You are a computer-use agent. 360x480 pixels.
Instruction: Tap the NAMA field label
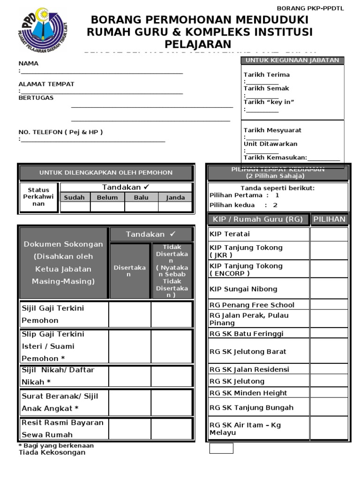tap(28, 63)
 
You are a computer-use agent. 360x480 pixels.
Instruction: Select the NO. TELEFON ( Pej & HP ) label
tap(60, 132)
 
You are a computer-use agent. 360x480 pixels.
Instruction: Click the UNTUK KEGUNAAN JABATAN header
tap(292, 60)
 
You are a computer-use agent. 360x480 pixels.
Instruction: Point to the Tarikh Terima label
tap(266, 75)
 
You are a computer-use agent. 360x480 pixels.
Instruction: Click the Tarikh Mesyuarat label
tap(272, 130)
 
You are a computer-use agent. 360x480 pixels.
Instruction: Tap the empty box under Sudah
tap(74, 207)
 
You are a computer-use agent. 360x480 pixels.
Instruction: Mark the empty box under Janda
tap(175, 207)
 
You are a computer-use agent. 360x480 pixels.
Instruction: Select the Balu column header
tap(141, 198)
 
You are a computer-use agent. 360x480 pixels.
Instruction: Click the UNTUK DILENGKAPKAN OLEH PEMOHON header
tap(105, 172)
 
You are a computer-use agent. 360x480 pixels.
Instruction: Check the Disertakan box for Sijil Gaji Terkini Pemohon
tap(130, 314)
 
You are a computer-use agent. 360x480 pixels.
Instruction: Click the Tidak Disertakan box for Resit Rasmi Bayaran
tap(172, 428)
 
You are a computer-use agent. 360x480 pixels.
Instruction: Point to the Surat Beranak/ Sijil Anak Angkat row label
tap(60, 402)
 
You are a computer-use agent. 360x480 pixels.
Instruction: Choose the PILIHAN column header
tap(329, 219)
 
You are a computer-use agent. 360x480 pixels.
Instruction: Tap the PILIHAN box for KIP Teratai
tap(329, 234)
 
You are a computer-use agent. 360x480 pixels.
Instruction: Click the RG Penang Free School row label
tap(252, 305)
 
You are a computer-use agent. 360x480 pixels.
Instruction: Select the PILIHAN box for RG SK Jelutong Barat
tap(329, 352)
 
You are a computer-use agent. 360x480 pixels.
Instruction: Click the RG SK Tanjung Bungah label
tap(251, 407)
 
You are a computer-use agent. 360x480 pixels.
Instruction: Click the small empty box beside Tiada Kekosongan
tap(221, 449)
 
